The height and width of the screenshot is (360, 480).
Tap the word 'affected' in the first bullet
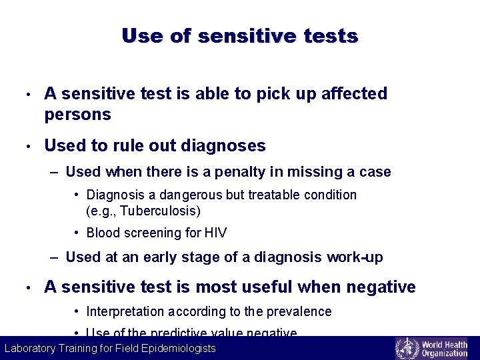[x=354, y=94]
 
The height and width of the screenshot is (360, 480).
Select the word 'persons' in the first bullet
[x=77, y=115]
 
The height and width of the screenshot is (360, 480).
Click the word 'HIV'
[x=215, y=233]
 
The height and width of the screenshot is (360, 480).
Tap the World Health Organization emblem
[x=407, y=348]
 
